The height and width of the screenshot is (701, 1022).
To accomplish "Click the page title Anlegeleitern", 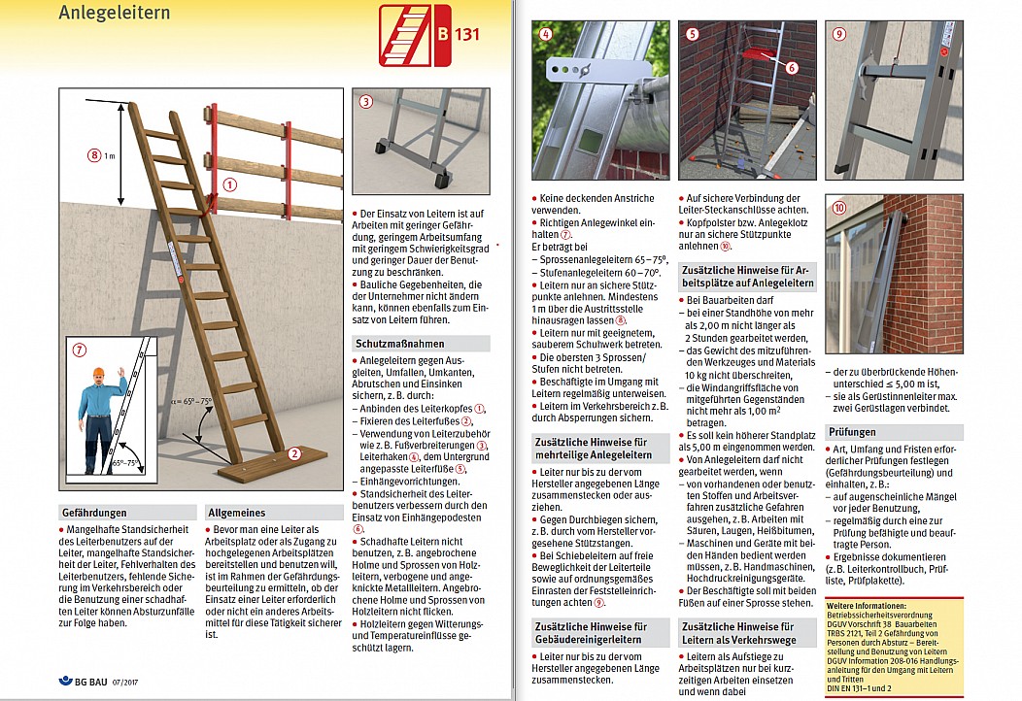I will (x=115, y=13).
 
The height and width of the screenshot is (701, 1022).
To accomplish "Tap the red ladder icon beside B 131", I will (x=403, y=36).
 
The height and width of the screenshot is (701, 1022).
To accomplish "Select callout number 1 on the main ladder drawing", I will (x=229, y=183).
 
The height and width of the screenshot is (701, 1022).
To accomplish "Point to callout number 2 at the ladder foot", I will (x=294, y=453).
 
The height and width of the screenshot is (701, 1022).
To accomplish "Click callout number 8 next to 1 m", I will (x=94, y=154).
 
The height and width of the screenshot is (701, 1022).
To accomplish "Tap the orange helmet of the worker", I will (x=97, y=374).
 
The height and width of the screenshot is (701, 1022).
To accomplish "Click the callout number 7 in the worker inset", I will (x=80, y=349).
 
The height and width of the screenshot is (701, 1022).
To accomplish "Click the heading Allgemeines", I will (x=238, y=512).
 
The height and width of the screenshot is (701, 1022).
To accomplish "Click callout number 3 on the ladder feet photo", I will (x=366, y=101).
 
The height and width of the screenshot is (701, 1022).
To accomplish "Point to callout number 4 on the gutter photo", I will (x=546, y=34).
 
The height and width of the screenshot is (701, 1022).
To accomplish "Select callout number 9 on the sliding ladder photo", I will (x=840, y=34).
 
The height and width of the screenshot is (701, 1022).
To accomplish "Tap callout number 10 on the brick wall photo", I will (x=840, y=207).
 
